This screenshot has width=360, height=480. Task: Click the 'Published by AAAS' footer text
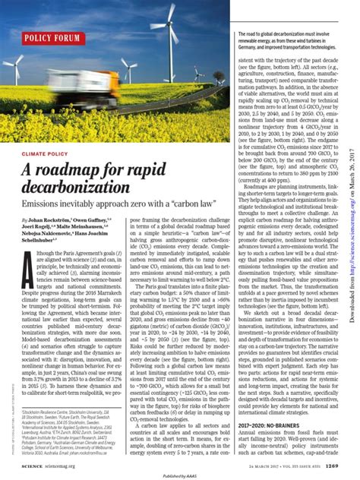[x=179, y=473]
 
